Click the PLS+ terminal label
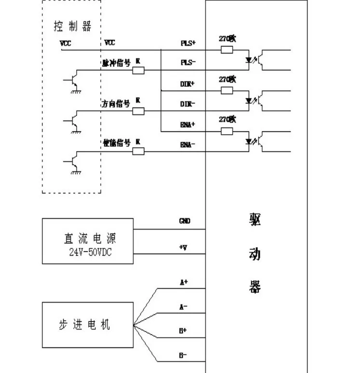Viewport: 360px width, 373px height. (188, 43)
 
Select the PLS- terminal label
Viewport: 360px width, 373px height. (188, 63)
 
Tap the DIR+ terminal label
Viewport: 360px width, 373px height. (187, 83)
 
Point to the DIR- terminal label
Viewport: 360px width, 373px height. (187, 104)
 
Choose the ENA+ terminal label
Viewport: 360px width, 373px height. (188, 124)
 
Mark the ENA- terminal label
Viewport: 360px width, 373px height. (188, 144)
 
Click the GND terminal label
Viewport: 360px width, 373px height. (185, 221)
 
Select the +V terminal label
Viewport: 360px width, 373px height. (184, 248)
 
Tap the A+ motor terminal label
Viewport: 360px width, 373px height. (184, 282)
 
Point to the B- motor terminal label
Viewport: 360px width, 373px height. (184, 355)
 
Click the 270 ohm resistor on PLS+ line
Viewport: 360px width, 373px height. (227, 50)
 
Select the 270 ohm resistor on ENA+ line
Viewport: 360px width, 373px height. (227, 131)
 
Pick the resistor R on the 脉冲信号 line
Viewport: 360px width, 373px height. (138, 70)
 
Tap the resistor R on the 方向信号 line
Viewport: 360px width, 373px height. (138, 111)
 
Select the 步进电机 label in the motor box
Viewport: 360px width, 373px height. (84, 325)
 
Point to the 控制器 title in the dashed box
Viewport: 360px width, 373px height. (72, 26)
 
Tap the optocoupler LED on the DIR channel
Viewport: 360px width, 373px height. (249, 101)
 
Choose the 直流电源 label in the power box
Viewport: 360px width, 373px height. (90, 238)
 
